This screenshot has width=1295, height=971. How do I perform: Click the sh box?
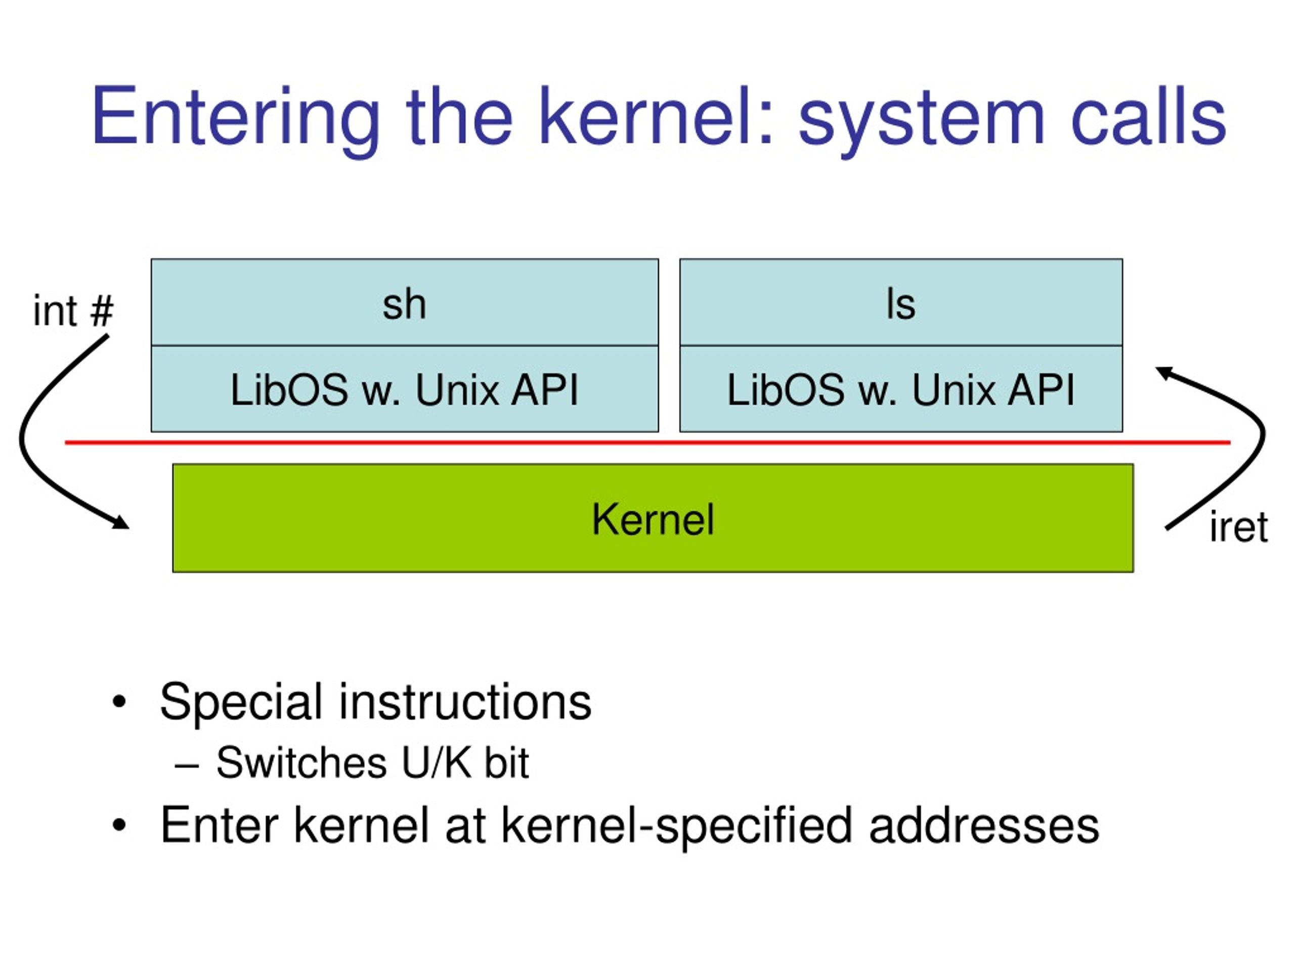pos(405,302)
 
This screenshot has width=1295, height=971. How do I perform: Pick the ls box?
pos(901,302)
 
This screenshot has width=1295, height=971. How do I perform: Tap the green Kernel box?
pos(653,518)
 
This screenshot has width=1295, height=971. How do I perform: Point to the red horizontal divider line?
pos(647,443)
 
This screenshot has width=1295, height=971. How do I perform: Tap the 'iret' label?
pos(1238,527)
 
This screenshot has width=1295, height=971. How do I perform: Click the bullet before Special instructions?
pos(119,702)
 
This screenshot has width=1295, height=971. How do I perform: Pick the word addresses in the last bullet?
pos(983,825)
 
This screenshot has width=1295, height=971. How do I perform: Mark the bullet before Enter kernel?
pos(119,825)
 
